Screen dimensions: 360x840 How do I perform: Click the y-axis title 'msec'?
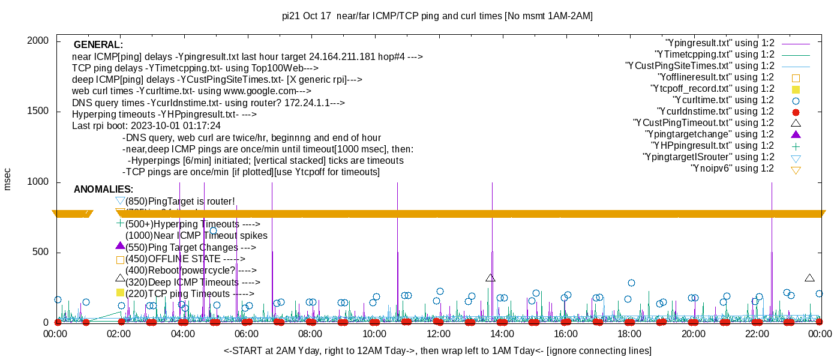coord(8,179)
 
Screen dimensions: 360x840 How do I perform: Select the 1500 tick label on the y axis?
coord(38,112)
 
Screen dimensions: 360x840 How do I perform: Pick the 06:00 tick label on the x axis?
coord(247,334)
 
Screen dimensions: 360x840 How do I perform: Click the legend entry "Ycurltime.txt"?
coord(723,100)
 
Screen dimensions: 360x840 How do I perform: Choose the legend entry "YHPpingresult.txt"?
coord(713,146)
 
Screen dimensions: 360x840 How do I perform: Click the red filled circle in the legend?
coord(796,112)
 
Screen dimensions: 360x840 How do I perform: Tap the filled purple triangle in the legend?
coord(796,134)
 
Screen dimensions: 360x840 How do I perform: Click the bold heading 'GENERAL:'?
coord(98,45)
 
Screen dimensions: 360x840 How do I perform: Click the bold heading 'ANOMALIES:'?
coord(103,190)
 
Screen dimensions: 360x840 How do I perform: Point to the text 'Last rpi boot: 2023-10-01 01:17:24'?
coord(146,126)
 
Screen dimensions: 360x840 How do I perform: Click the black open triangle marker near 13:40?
coord(490,278)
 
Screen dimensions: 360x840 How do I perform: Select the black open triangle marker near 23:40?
coord(809,278)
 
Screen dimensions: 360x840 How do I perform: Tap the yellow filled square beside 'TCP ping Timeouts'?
coord(120,293)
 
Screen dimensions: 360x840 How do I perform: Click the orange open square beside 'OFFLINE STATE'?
coord(120,260)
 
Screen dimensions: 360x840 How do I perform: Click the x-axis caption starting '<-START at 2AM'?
coord(437,350)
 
